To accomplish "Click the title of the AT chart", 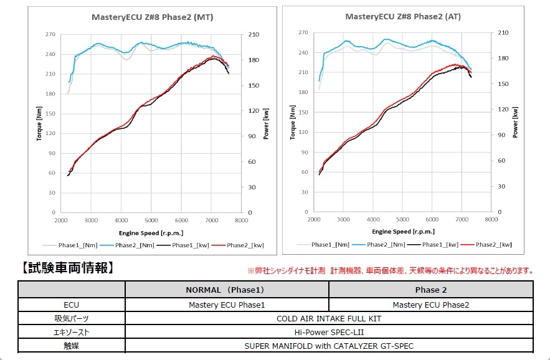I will [x=403, y=17].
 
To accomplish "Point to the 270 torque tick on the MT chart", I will [x=51, y=34].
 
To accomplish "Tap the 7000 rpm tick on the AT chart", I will [x=461, y=220].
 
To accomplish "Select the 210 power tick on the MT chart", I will [x=254, y=34].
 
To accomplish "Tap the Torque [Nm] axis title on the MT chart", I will [x=39, y=123].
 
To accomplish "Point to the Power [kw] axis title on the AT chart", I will [x=515, y=121].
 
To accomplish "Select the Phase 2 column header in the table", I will [x=430, y=290].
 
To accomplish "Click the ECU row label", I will [x=71, y=305].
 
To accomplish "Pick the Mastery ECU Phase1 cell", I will [x=227, y=305].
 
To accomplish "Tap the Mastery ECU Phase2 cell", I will [x=430, y=305].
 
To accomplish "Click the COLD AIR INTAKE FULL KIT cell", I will [x=329, y=318].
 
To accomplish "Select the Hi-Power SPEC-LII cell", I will [x=329, y=332].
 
